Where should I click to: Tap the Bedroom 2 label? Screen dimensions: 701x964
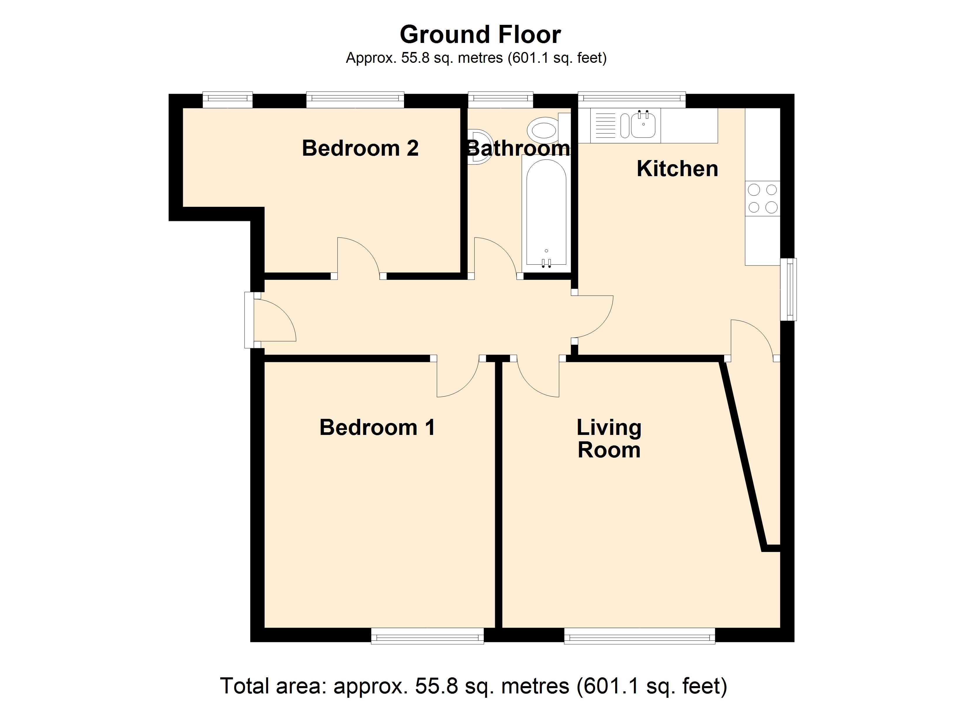[x=360, y=148]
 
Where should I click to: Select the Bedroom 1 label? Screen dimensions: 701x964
[x=377, y=427]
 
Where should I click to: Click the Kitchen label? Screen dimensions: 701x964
[x=677, y=169]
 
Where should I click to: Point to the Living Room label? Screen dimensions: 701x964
[x=609, y=439]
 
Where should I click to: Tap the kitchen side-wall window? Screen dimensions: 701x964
[x=789, y=289]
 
